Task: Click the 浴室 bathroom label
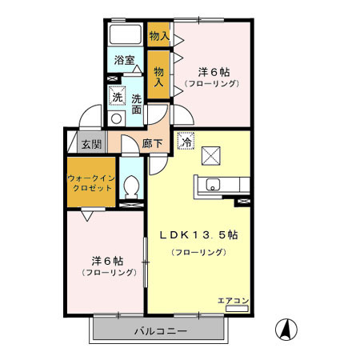coord(123,60)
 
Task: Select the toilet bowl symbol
coord(133,187)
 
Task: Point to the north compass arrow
coord(284,329)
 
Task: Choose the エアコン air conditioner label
coord(234,301)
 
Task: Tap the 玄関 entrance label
coord(91,145)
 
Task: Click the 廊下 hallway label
coord(152,144)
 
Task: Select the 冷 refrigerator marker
coord(187,141)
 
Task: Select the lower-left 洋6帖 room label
coord(106,261)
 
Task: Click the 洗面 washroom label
coord(137,104)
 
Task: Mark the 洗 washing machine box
coord(118,96)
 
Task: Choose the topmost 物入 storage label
coord(159,35)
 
